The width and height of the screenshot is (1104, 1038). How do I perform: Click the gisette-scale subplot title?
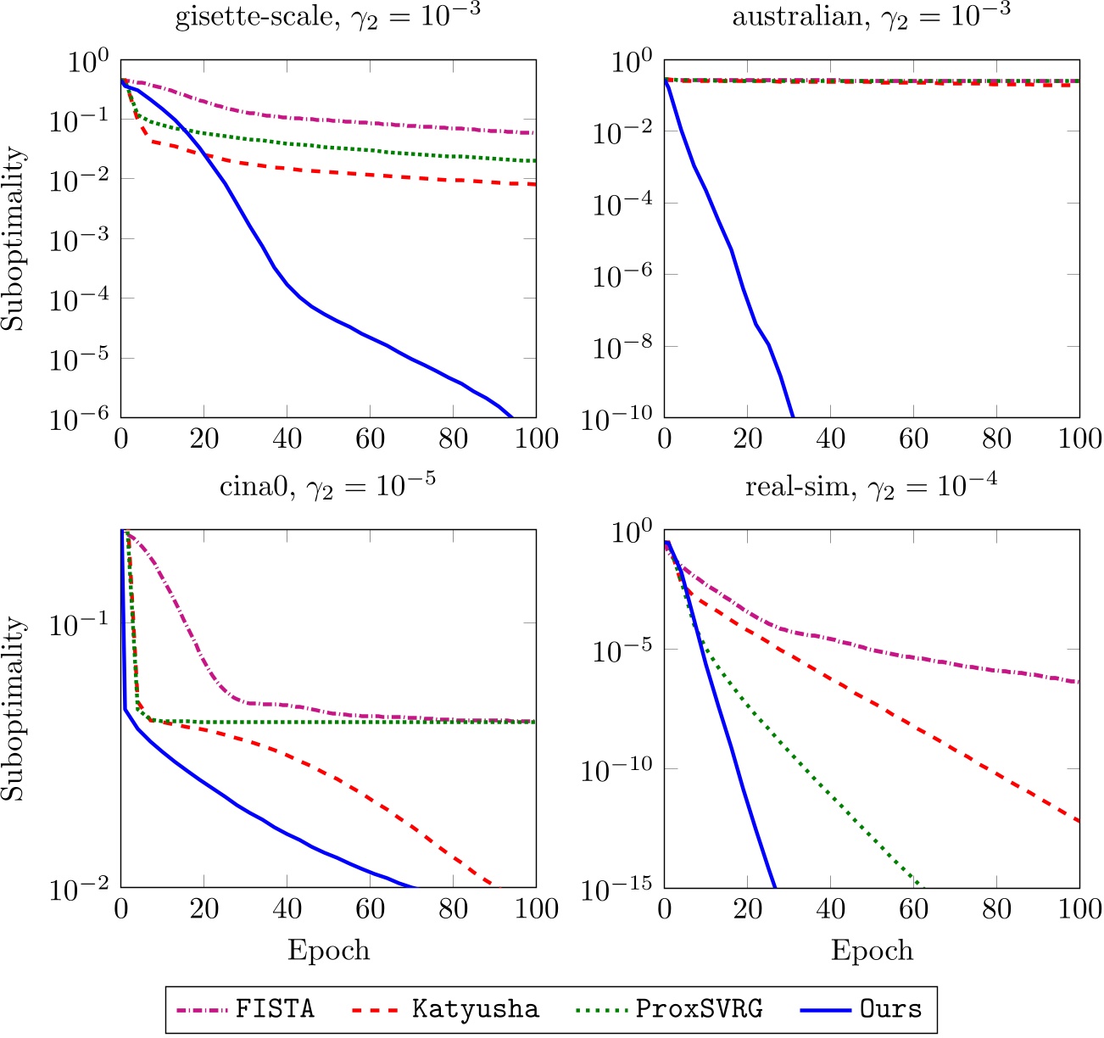pos(327,17)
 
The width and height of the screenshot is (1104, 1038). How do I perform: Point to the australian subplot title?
pos(871,17)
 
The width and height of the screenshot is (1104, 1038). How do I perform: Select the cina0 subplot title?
pos(327,487)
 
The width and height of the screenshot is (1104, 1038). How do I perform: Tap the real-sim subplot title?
pos(871,487)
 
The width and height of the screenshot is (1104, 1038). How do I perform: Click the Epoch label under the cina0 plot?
pos(328,950)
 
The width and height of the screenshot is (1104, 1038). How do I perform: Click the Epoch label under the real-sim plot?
pos(872,950)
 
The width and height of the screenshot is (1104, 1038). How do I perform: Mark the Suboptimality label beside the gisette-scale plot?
pos(14,239)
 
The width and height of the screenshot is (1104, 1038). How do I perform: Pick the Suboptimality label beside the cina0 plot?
pos(14,709)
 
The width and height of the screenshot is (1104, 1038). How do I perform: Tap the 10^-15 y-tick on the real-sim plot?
pos(616,888)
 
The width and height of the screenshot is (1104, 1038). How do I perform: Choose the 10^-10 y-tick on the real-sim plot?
pos(616,769)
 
